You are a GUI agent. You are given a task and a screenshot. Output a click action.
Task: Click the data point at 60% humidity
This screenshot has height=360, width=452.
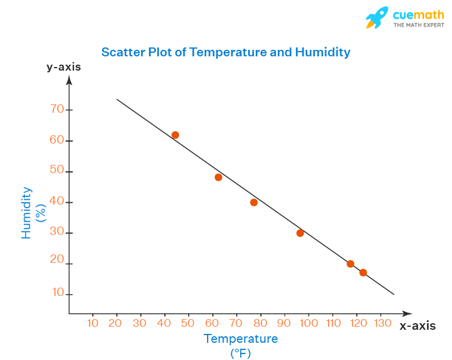(175, 135)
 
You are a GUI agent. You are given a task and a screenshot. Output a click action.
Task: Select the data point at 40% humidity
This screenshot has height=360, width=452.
(254, 202)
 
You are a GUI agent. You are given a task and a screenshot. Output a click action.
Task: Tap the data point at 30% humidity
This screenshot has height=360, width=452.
(300, 233)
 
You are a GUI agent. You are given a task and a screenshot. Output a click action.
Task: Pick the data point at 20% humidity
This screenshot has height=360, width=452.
(351, 264)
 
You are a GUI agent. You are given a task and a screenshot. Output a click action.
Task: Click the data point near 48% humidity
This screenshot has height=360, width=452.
(218, 177)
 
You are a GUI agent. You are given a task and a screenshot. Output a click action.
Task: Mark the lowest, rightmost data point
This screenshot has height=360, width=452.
(363, 273)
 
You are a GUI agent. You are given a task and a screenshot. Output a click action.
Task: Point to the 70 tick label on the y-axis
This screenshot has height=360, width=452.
(57, 109)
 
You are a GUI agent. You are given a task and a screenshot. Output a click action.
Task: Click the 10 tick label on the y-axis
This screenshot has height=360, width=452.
(57, 292)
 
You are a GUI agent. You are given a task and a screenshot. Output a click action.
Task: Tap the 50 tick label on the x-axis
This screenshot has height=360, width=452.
(187, 323)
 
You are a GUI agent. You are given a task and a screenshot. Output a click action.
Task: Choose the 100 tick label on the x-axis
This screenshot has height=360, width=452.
(308, 323)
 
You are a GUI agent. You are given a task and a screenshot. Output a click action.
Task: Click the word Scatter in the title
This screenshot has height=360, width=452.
(121, 52)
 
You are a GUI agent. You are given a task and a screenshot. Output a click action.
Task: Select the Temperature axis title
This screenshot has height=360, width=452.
(241, 339)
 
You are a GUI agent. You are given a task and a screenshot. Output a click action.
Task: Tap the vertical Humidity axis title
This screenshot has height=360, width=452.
(26, 213)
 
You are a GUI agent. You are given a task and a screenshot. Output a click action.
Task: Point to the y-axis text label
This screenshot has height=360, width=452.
(64, 67)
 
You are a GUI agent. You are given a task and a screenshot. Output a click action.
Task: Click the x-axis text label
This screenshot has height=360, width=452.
(418, 326)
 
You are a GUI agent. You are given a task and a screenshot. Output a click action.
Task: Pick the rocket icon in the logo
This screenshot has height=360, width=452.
(376, 18)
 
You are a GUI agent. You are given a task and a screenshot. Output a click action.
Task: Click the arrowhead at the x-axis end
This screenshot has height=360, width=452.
(407, 313)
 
